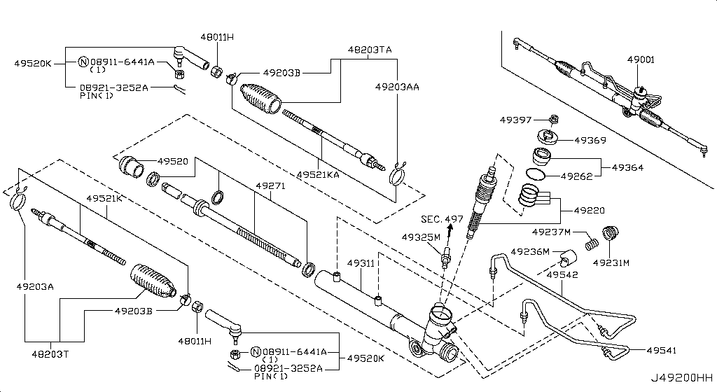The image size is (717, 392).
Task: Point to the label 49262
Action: click(571, 176)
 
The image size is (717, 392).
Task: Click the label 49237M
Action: click(551, 232)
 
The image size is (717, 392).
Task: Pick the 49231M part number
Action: click(611, 263)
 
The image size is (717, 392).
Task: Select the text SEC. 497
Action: click(442, 219)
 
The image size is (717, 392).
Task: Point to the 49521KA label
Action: click(317, 174)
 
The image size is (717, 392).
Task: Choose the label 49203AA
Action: click(397, 87)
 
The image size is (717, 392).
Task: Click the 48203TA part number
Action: click(370, 50)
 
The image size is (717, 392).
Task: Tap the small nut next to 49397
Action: click(554, 118)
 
